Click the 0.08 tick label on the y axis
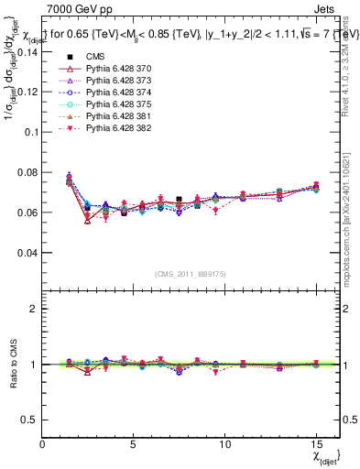27,172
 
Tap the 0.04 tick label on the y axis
27,252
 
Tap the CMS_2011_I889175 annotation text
191,274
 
